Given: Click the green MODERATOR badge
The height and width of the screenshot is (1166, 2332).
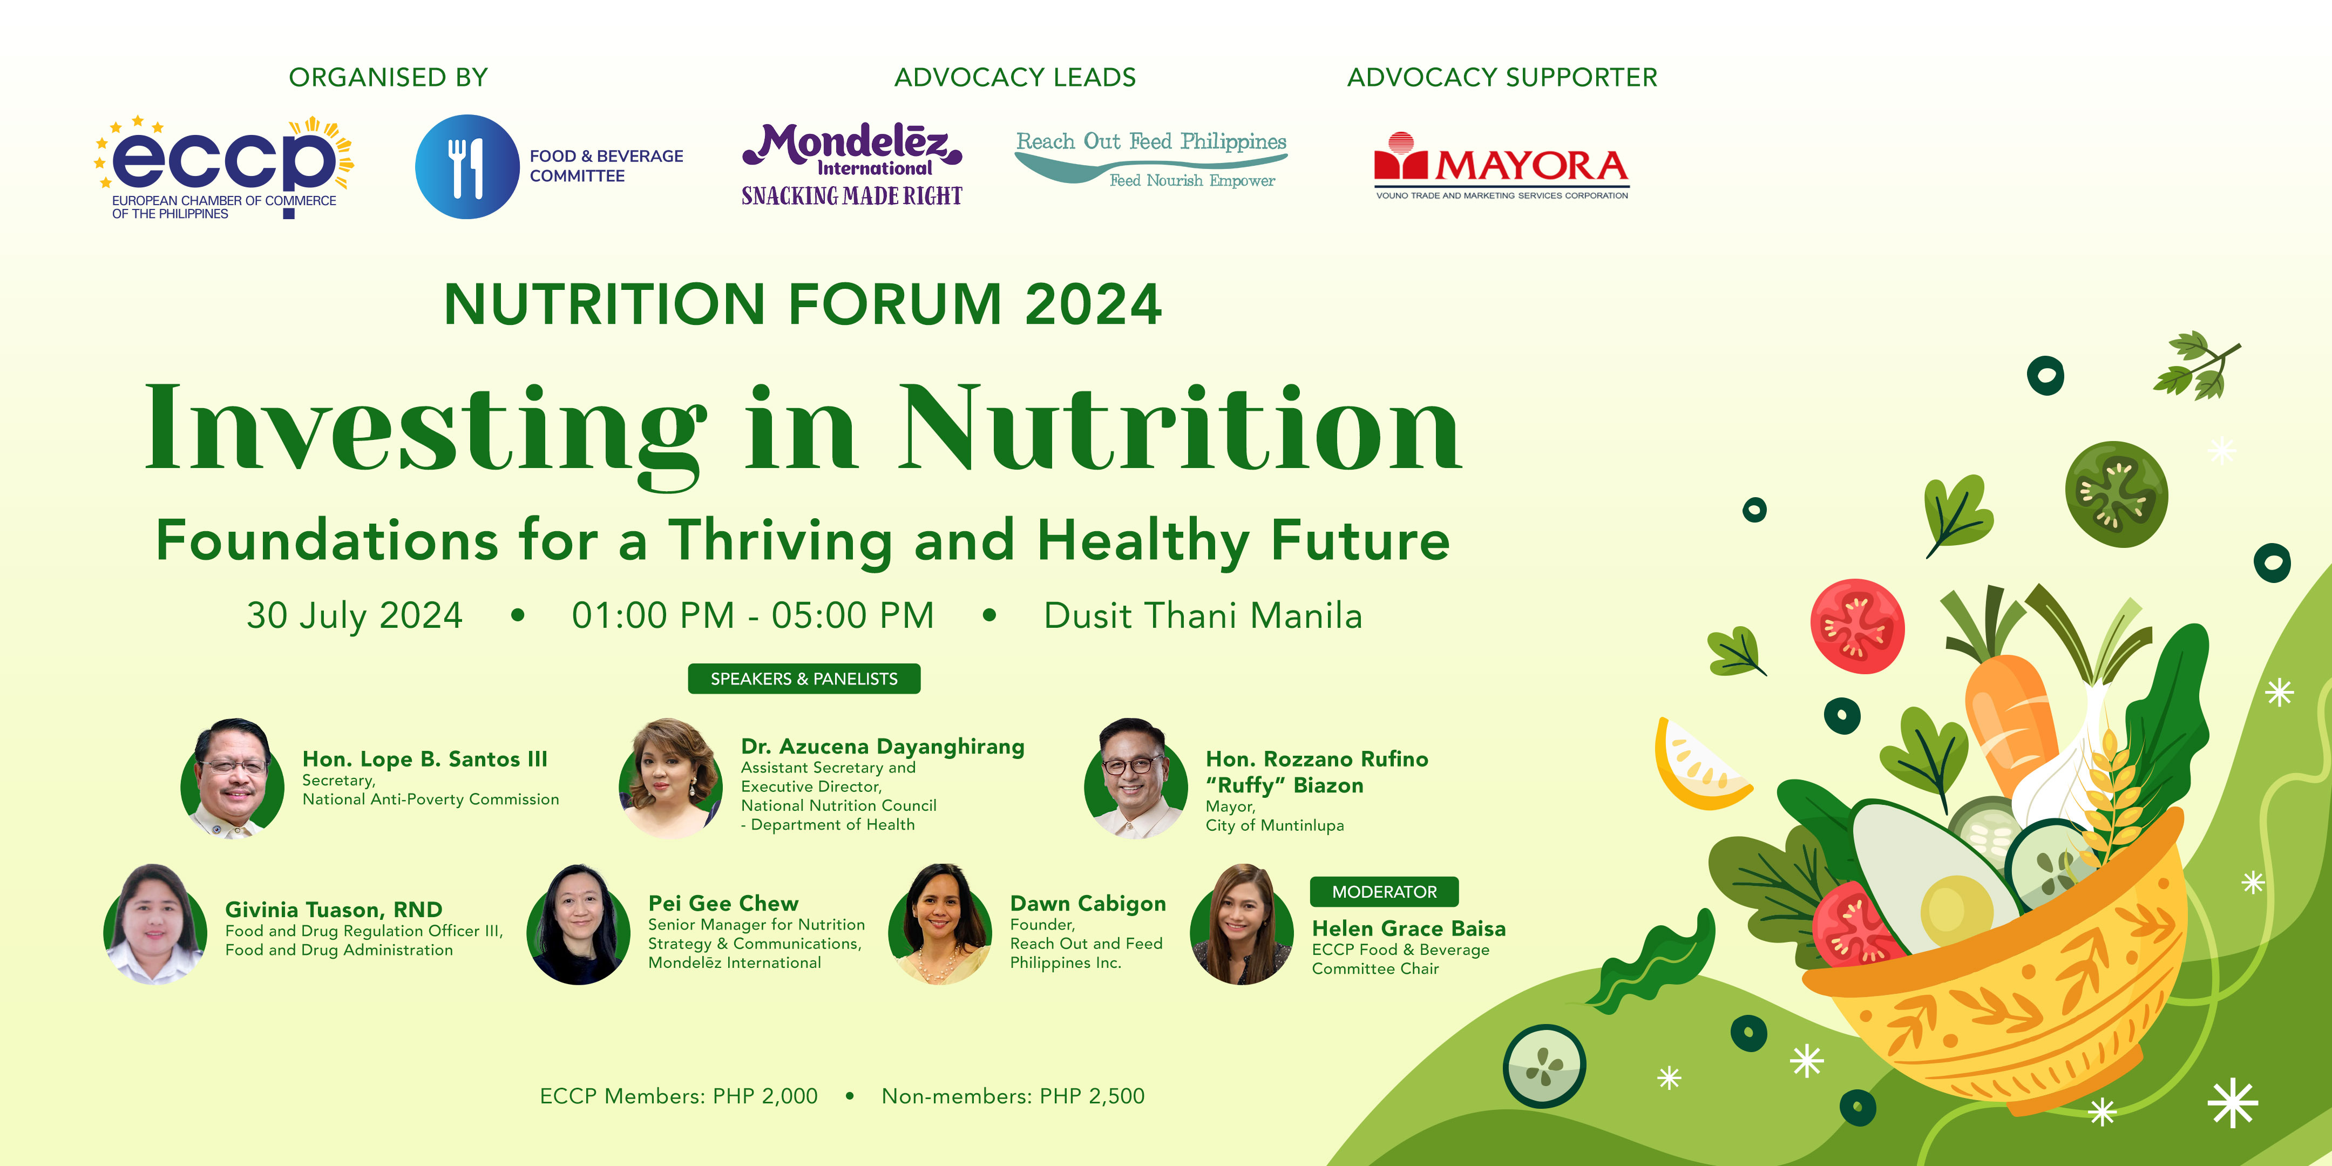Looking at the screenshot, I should pos(1383,892).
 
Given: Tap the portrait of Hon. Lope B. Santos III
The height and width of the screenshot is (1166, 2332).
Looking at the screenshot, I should pos(233,778).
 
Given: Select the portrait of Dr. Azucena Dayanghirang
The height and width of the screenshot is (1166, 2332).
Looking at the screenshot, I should pos(670,778).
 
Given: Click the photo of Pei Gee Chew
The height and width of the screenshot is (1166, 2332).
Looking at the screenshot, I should pos(579,924).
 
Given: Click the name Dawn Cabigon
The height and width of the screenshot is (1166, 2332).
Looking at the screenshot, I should pos(1087,904).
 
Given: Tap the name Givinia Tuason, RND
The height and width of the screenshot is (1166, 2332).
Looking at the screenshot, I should pos(333,910).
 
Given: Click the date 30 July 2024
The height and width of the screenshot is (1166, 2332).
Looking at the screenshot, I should pos(354,615).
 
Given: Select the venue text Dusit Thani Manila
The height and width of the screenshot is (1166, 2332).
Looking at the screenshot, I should pos(1202,615).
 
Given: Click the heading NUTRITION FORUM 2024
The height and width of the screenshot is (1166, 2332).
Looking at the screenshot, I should pos(802,304).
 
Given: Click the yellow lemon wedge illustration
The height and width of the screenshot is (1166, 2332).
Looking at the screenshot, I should pos(1697,765).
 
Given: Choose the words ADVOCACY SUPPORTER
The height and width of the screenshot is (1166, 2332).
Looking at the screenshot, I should pos(1502,78).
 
